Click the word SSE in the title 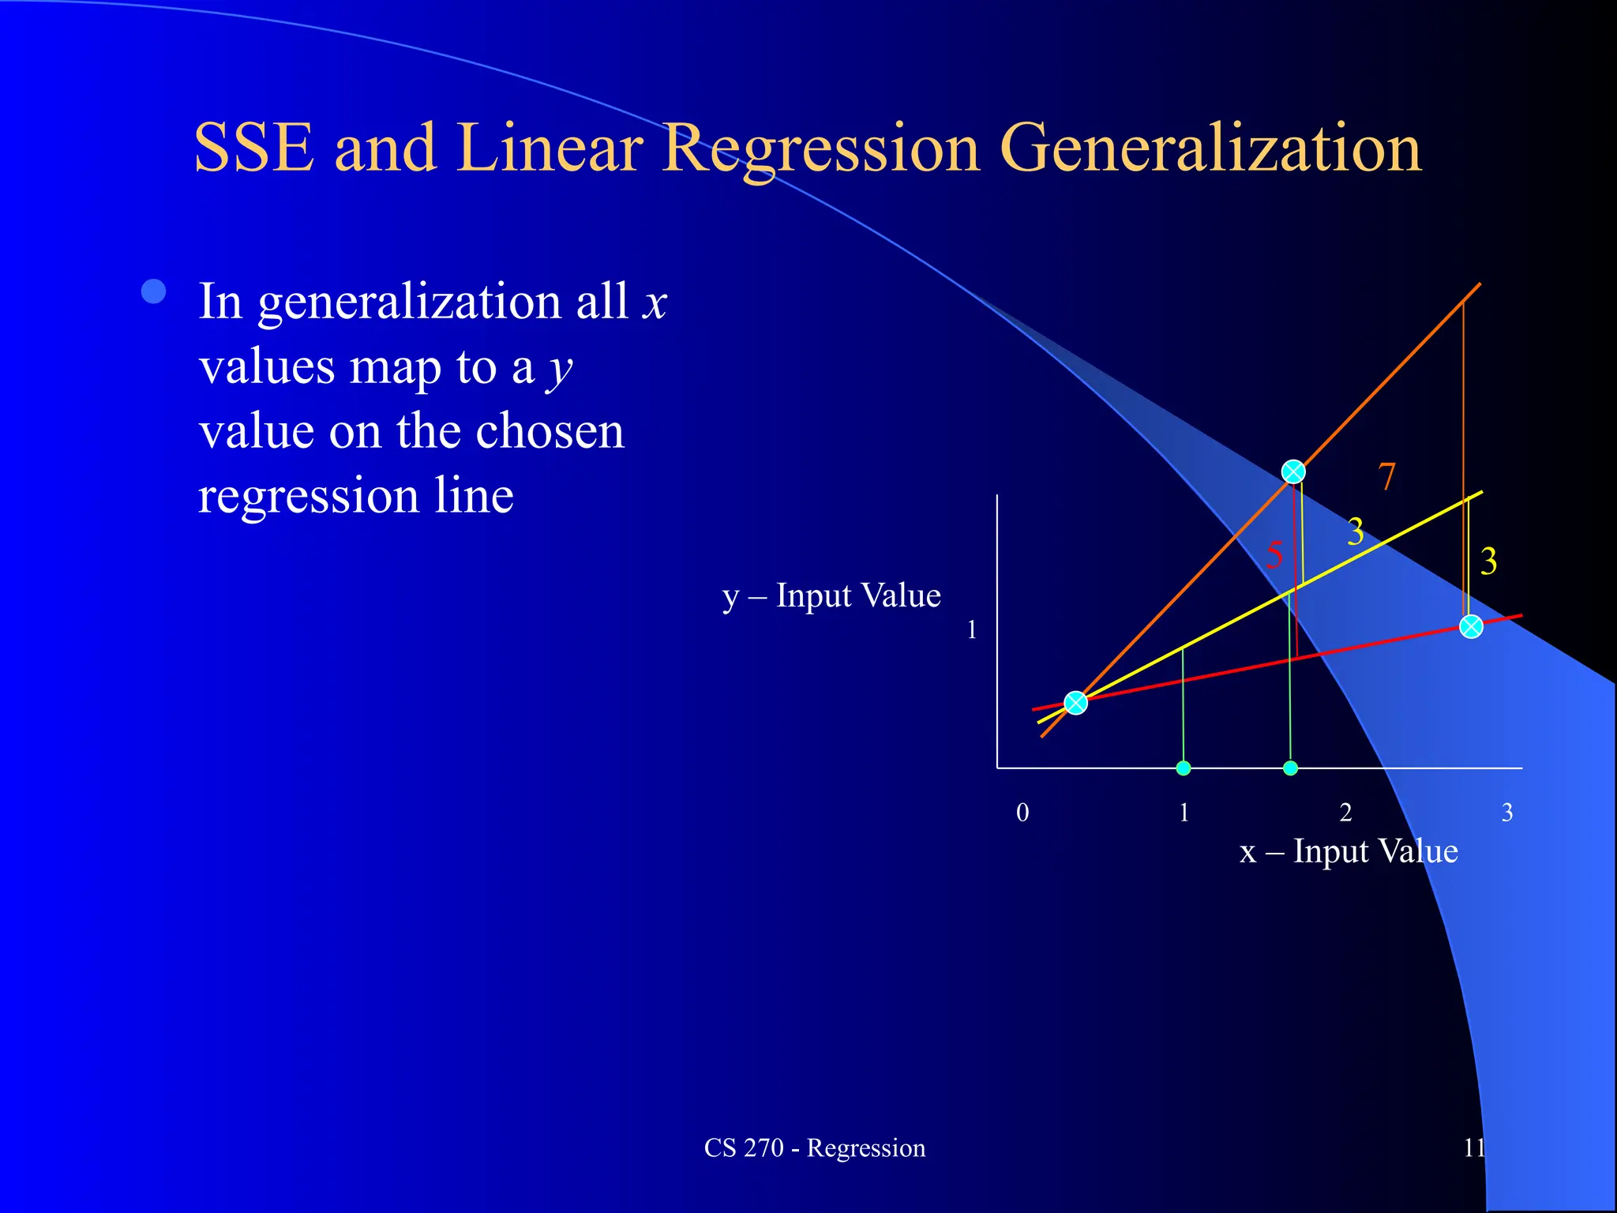253,148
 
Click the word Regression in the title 821,148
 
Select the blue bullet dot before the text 154,291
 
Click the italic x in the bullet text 655,302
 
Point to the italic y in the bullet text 561,369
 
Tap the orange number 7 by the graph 1386,477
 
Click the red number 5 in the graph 1274,555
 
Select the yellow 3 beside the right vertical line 1488,562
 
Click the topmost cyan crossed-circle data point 1293,471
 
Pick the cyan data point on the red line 1471,627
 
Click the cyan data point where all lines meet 1076,702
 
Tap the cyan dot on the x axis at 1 1183,768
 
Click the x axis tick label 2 1345,813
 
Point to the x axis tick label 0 1022,813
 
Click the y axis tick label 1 972,630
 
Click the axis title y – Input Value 831,596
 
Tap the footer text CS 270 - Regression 814,1147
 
